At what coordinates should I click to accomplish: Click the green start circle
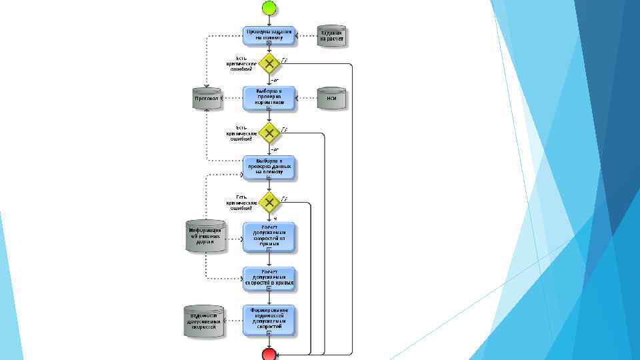pos(269,8)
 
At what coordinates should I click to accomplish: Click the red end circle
pos(269,353)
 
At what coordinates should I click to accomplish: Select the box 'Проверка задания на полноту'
pos(269,35)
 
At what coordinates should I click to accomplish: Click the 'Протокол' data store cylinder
pos(207,98)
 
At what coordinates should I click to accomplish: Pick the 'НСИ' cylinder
pos(331,98)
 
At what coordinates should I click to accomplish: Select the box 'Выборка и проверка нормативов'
pos(269,98)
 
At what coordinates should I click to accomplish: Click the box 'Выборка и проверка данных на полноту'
pos(269,167)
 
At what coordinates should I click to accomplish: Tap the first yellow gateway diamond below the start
pos(269,63)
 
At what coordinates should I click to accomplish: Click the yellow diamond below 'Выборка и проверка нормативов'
pos(269,133)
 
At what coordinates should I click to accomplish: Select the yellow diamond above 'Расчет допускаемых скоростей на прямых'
pos(269,201)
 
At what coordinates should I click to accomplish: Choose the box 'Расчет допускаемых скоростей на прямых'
pos(269,237)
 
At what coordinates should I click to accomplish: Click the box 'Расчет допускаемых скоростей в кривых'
pos(269,279)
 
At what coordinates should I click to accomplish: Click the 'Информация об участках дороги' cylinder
pos(205,236)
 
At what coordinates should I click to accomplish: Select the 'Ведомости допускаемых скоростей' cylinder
pos(204,320)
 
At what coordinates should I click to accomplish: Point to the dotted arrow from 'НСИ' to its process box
pos(305,98)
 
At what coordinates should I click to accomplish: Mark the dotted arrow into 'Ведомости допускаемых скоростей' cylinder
pos(233,320)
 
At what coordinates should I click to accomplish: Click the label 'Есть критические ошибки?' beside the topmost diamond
pos(241,63)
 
